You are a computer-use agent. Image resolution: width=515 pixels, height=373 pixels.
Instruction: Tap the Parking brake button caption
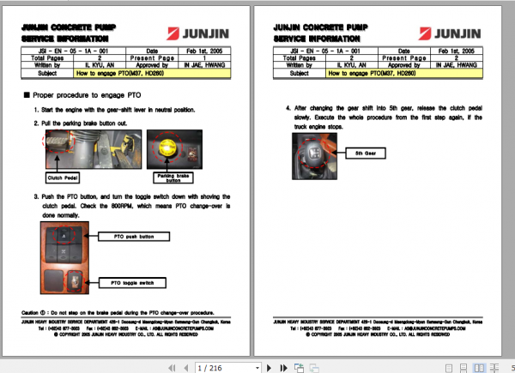click(x=173, y=178)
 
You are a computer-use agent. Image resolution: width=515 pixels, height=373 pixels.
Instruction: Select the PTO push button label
click(x=134, y=236)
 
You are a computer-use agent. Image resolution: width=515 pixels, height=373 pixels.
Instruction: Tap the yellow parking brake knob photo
click(x=173, y=147)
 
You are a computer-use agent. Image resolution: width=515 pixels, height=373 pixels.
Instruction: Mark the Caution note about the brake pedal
click(x=122, y=312)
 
